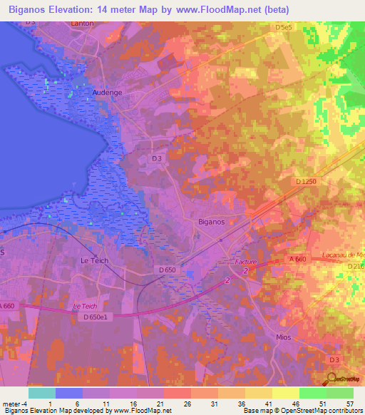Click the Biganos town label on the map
tap(210, 222)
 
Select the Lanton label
tap(82, 24)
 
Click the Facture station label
tap(245, 262)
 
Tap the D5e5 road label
tap(284, 27)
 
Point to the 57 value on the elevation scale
tap(349, 403)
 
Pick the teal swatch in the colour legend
tap(42, 393)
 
